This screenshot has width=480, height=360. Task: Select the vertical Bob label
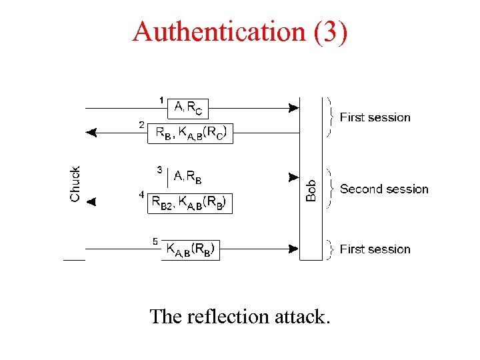click(x=311, y=185)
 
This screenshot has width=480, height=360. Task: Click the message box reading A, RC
click(x=189, y=107)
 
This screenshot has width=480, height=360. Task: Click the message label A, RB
click(x=188, y=177)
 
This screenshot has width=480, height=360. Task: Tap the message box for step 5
click(x=190, y=250)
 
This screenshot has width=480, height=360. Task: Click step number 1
click(x=161, y=100)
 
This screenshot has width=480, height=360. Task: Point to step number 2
click(x=141, y=125)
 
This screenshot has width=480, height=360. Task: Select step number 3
click(x=159, y=169)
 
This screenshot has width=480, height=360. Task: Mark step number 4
click(x=141, y=195)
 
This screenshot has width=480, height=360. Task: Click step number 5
click(x=155, y=241)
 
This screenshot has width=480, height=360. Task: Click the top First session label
click(x=375, y=117)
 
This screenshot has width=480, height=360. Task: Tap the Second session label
click(x=384, y=189)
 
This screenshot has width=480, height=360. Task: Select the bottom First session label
click(x=375, y=249)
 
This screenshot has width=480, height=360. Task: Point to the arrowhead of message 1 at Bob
click(x=293, y=107)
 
